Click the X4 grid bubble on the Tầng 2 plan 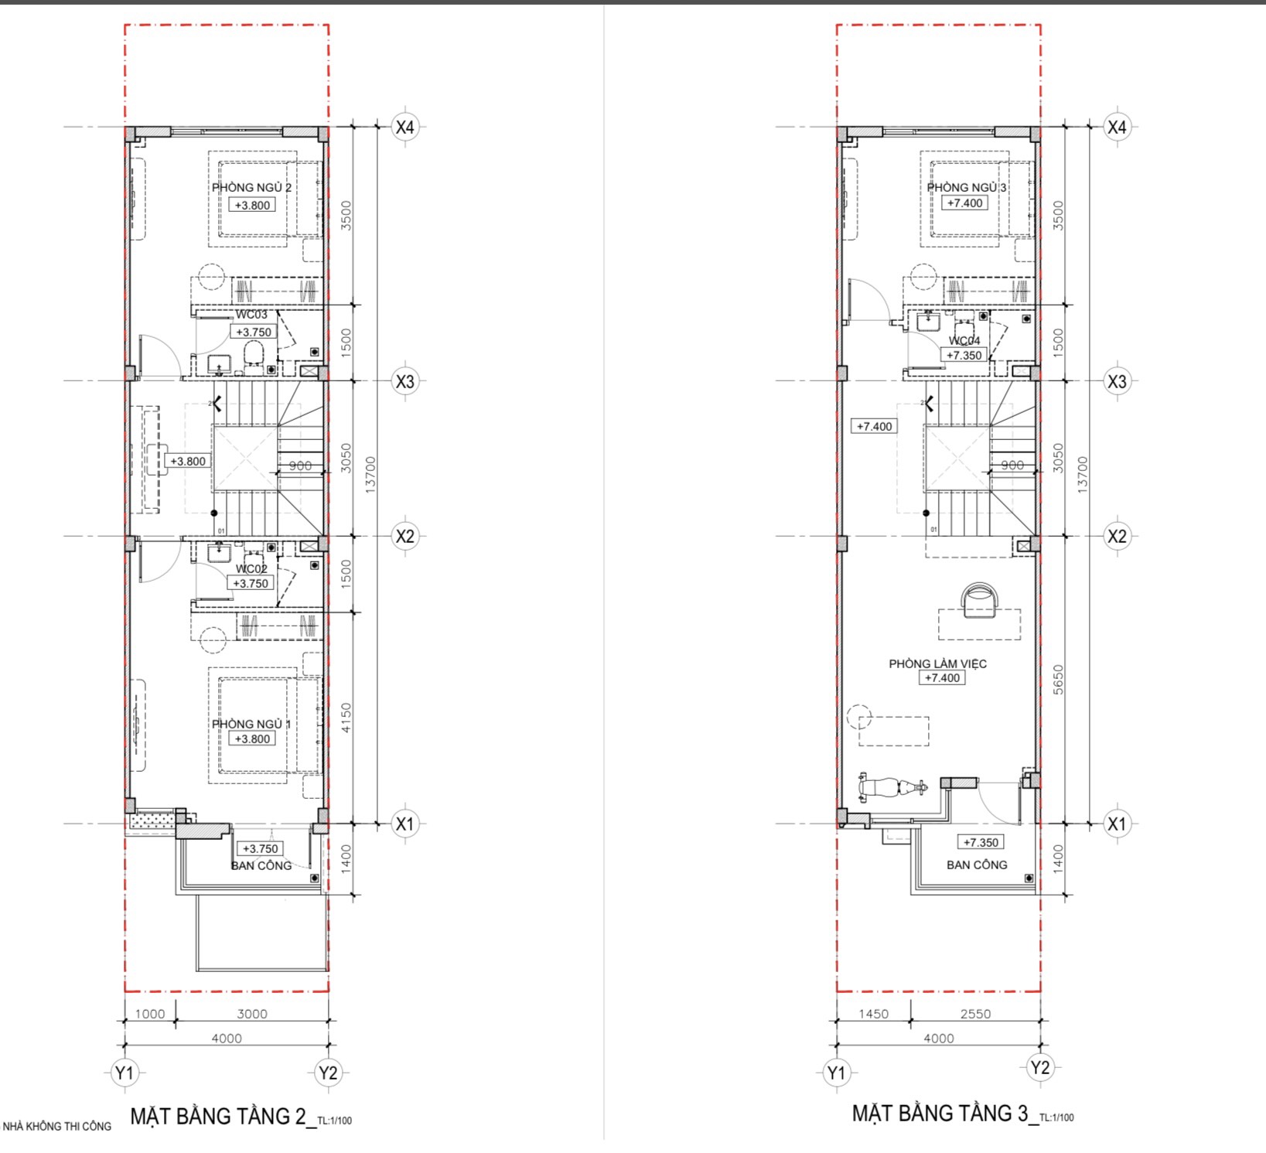[x=405, y=127]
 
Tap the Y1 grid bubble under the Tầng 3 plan [x=836, y=1073]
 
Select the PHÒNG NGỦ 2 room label [x=251, y=187]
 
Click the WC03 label [x=251, y=315]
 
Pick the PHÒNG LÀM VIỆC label [x=937, y=663]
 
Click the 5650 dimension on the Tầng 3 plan [x=1059, y=680]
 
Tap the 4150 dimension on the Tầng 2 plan [x=346, y=718]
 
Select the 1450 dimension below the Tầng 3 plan [x=873, y=1014]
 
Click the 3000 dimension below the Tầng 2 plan [x=252, y=1014]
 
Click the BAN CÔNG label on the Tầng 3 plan [x=977, y=865]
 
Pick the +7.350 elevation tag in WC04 [x=964, y=356]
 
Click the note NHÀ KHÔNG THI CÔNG [x=57, y=1126]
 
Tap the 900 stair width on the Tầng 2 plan [x=300, y=466]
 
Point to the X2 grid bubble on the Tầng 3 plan [x=1117, y=536]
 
